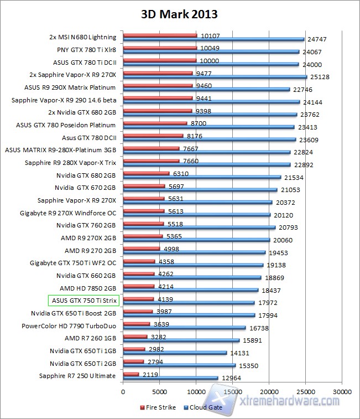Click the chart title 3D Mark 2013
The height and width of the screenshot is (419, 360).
tap(180, 13)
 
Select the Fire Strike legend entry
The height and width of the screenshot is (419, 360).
tap(160, 407)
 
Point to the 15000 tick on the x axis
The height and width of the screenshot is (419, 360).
tap(232, 390)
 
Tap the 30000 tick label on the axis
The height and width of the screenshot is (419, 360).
tap(341, 390)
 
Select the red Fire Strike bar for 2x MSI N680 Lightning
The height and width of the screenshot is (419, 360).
tap(160, 35)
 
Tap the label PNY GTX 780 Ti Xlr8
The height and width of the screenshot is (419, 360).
tap(86, 50)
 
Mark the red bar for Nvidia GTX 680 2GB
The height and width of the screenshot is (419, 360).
tap(146, 173)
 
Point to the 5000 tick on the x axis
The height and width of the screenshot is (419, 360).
tap(159, 390)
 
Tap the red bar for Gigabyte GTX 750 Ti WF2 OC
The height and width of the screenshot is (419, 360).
tap(139, 261)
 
